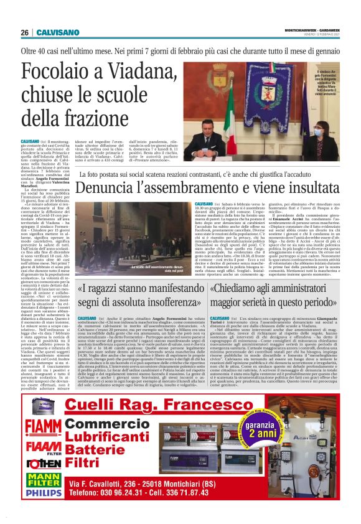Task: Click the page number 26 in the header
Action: point(26,32)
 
